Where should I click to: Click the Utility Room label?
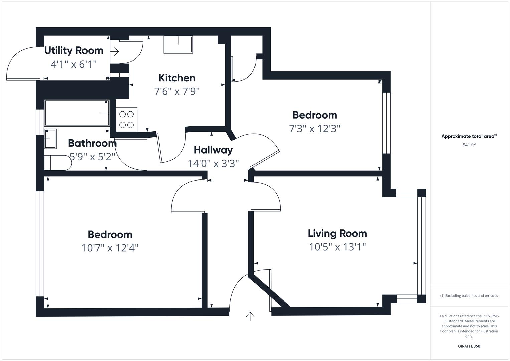73,51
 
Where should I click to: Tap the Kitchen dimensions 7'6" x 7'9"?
177,91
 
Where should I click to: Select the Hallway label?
213,150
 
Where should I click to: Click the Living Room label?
337,233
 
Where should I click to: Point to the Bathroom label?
92,143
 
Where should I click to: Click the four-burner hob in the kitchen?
126,119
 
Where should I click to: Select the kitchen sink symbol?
178,44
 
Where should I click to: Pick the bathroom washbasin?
50,138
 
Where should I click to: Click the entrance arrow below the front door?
250,316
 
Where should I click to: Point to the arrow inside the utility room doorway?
116,52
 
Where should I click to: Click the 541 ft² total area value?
469,145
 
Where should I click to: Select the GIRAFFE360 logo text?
469,346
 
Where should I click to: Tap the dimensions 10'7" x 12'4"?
110,248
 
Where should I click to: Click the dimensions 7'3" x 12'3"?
314,129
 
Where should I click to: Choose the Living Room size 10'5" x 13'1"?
337,247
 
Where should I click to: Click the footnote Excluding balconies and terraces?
469,296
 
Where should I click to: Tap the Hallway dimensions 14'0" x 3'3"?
213,164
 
